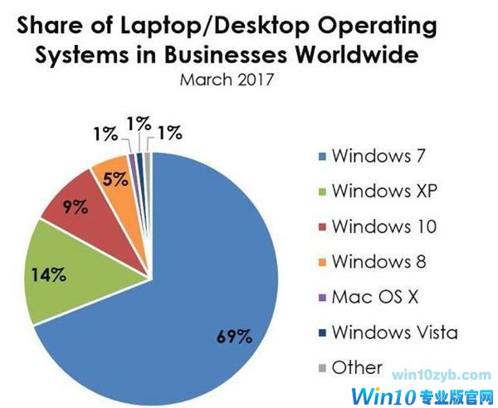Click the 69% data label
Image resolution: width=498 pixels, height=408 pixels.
pyautogui.click(x=235, y=336)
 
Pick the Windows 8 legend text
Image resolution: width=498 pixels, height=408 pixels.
pyautogui.click(x=378, y=261)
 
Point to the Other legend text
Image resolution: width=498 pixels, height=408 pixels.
pyautogui.click(x=357, y=367)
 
